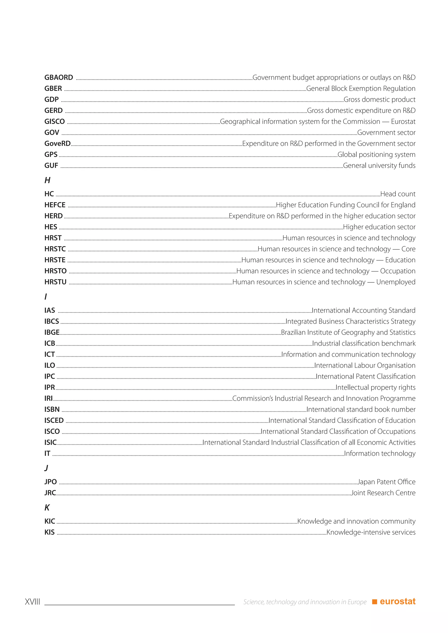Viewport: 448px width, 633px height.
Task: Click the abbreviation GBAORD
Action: [59, 77]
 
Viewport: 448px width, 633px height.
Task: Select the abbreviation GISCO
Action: [55, 122]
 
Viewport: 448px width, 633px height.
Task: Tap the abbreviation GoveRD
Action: [57, 144]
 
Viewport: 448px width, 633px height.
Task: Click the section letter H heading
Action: [47, 180]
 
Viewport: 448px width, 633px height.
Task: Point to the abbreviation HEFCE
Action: [55, 205]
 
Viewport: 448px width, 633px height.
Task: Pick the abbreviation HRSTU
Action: [55, 282]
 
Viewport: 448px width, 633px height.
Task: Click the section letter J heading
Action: [46, 468]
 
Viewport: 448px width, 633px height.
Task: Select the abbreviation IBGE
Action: [52, 332]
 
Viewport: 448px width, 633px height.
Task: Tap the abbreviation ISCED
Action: [54, 421]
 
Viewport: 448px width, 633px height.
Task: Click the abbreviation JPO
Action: [51, 482]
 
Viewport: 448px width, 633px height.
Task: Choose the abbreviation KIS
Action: [50, 532]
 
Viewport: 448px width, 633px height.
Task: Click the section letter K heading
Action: [47, 508]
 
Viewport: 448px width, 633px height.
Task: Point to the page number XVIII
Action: [33, 602]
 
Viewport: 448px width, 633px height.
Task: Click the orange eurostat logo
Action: [394, 602]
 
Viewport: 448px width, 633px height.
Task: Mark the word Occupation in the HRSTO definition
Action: [397, 271]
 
